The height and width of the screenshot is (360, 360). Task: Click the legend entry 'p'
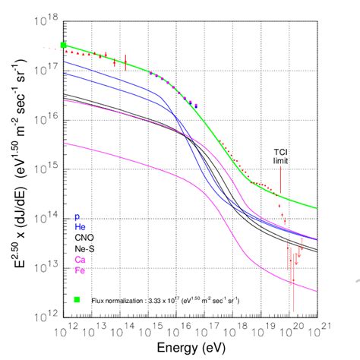coord(77,216)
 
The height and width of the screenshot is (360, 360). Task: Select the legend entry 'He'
coord(80,227)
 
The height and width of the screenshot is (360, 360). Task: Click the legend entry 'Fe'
coord(80,270)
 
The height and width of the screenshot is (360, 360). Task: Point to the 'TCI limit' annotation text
coord(281,156)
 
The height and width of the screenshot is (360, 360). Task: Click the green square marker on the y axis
coord(65,45)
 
